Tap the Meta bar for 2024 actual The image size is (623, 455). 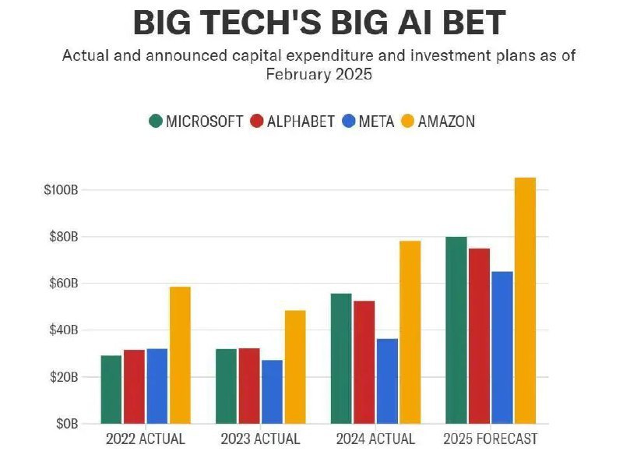tap(387, 381)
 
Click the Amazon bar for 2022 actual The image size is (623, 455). tap(180, 355)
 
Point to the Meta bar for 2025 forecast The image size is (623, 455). tap(502, 347)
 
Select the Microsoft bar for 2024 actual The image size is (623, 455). tap(341, 358)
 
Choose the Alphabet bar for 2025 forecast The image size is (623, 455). tap(480, 336)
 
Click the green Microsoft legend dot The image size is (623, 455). tap(156, 122)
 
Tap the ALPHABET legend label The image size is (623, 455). tap(301, 122)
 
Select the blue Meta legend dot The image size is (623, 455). tap(349, 122)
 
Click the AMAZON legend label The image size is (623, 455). tap(446, 122)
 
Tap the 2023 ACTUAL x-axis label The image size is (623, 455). tap(260, 439)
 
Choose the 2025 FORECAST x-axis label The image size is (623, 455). tap(491, 439)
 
